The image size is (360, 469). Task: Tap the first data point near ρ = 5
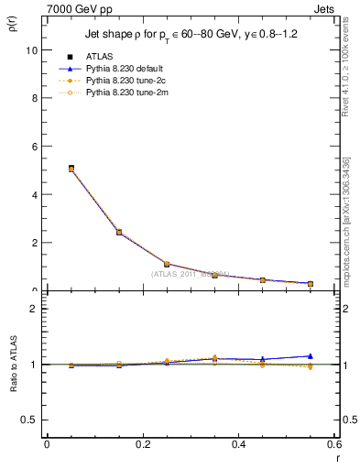[x=71, y=169]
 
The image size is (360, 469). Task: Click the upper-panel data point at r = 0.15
[x=119, y=233]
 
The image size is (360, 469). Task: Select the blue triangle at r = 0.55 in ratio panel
[x=311, y=355]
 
